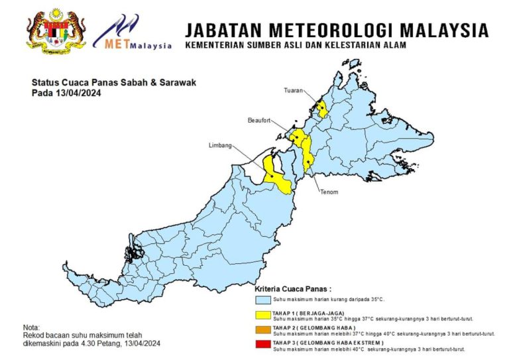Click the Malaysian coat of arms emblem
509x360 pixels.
(x=56, y=30)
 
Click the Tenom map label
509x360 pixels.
(x=329, y=192)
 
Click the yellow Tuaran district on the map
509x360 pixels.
(x=322, y=109)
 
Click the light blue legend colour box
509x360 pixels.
(x=263, y=300)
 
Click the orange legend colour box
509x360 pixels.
(x=263, y=330)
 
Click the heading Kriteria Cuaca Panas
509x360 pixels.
(x=294, y=290)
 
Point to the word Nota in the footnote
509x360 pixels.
(x=31, y=328)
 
